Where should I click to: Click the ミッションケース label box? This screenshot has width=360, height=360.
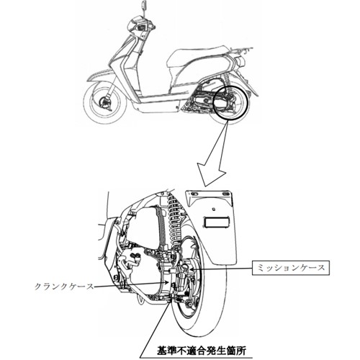click(x=291, y=268)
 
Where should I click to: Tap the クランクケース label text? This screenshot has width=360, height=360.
click(x=63, y=287)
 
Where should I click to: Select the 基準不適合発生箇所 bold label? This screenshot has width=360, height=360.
click(x=201, y=351)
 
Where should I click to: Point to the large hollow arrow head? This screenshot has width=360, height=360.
click(x=211, y=175)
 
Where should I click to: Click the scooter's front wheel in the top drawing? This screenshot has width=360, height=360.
click(x=105, y=103)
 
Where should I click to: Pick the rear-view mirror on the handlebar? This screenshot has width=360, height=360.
click(x=144, y=5)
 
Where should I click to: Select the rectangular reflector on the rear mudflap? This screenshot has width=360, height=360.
click(x=215, y=222)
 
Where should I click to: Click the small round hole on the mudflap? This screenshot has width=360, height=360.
click(x=212, y=209)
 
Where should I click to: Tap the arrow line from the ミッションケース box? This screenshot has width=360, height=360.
click(x=221, y=269)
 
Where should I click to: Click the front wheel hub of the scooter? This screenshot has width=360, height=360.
click(x=104, y=103)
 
